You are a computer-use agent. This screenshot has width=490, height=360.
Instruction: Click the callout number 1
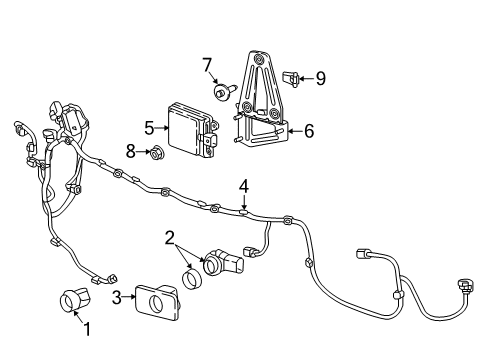pyautogui.click(x=87, y=328)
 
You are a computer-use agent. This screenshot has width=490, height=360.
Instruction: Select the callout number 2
pyautogui.click(x=171, y=237)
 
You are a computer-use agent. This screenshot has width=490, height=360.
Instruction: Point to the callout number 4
pyautogui.click(x=242, y=185)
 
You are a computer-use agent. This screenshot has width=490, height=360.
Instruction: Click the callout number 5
pyautogui.click(x=149, y=128)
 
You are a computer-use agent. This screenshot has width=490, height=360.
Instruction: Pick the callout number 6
pyautogui.click(x=309, y=129)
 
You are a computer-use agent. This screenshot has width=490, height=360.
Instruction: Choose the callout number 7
pyautogui.click(x=207, y=66)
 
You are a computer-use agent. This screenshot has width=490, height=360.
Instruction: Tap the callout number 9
pyautogui.click(x=320, y=77)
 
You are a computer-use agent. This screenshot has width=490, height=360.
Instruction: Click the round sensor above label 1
pyautogui.click(x=71, y=298)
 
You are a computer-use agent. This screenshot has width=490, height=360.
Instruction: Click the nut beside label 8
pyautogui.click(x=156, y=153)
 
